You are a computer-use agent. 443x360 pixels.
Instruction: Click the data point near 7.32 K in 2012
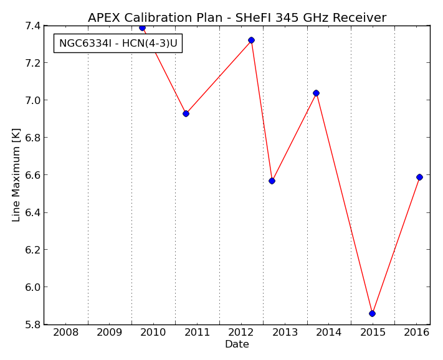[252, 40]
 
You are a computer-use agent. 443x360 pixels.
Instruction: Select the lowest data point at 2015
[373, 313]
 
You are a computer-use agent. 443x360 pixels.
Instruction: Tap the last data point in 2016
[419, 178]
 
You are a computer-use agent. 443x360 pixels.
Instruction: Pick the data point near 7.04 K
[316, 93]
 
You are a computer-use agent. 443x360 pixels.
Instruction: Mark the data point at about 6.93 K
[186, 114]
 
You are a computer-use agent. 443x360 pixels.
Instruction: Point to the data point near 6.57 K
[272, 181]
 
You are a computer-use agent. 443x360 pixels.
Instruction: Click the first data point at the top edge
[143, 27]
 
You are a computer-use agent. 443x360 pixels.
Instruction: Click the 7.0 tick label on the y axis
[32, 100]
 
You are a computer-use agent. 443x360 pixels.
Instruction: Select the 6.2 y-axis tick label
[32, 250]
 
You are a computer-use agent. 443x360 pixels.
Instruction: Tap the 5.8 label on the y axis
[32, 324]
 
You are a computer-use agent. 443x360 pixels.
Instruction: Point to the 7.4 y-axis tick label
[32, 26]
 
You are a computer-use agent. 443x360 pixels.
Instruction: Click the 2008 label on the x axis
[66, 333]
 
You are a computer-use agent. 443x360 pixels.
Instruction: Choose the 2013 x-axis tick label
[285, 333]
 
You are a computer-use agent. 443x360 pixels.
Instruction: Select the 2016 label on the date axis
[417, 333]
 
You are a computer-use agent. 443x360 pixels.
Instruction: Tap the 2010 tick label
[153, 333]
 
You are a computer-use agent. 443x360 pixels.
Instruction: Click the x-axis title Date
[237, 344]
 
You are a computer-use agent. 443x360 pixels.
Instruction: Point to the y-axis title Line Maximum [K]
[16, 175]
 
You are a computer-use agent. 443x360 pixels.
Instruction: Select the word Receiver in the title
[360, 17]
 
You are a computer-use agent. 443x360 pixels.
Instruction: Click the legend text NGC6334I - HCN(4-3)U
[118, 43]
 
